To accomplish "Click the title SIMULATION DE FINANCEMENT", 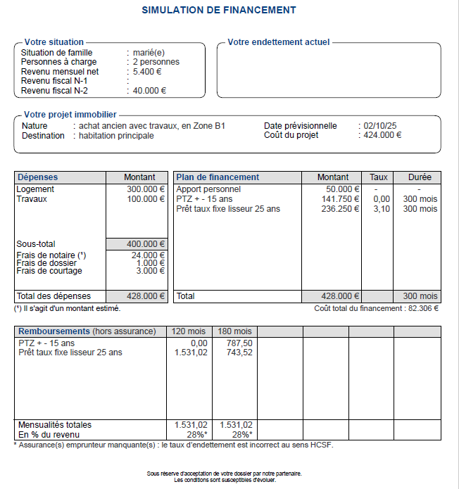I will coord(219,11).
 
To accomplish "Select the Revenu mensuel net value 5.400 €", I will coord(147,71).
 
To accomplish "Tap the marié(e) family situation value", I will coord(149,53).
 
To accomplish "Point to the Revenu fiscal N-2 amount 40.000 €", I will coord(149,90).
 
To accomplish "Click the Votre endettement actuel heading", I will coord(278,42).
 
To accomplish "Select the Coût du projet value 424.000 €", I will coord(383,135).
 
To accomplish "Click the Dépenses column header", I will coord(38,177).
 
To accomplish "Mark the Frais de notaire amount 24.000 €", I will coord(149,255).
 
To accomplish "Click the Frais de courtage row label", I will coord(49,271).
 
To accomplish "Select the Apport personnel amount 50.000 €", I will coord(343,189).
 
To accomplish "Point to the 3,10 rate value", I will coord(381,209).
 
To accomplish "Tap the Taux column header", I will coord(379,177).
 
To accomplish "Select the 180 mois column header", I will coord(234,331).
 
